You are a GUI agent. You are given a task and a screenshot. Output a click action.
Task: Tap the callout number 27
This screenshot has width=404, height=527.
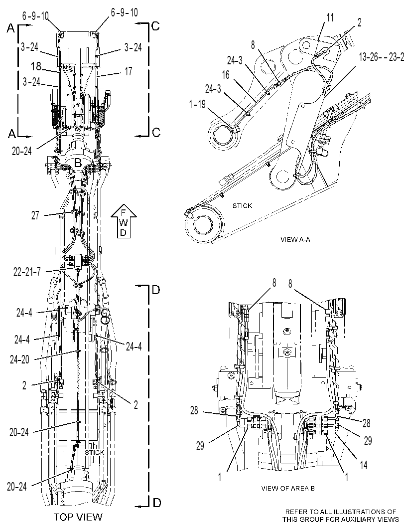[35, 215]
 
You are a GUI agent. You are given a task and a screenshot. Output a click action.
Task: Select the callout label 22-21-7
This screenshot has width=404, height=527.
[26, 272]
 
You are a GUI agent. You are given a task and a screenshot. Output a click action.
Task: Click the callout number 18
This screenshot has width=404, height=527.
[36, 66]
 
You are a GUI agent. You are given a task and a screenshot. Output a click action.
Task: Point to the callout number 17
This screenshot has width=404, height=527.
[129, 71]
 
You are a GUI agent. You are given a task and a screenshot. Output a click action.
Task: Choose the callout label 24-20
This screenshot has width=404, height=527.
[19, 359]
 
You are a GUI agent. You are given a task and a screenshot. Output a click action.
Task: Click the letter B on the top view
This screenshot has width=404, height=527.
[78, 164]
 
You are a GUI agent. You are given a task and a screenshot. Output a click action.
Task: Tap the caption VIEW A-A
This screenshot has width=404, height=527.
[295, 239]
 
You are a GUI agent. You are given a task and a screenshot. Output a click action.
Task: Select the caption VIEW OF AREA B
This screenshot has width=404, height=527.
[288, 488]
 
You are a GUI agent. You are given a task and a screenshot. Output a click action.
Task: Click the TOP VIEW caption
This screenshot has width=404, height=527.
[78, 517]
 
